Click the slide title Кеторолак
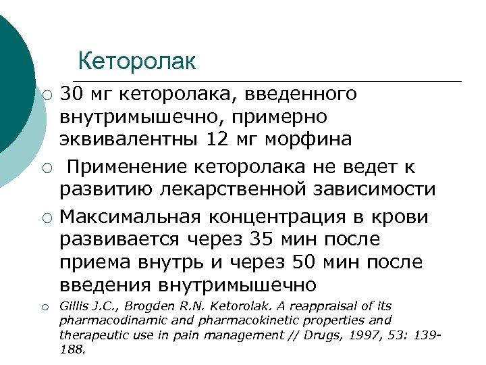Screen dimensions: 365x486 tap(137, 62)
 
